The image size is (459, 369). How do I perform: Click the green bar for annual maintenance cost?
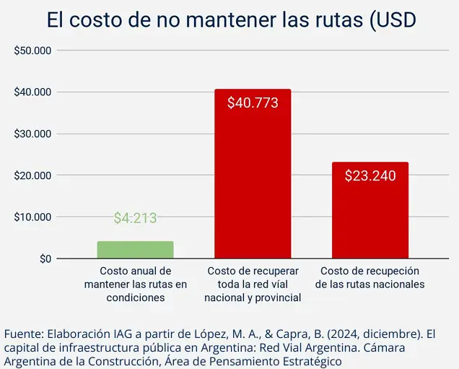136,250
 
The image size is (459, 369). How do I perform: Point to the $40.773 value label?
253,103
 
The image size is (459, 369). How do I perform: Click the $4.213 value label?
136,218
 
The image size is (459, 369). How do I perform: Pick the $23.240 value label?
370,175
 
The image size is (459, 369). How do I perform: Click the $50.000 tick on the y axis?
32,51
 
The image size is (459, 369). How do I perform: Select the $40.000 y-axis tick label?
32,92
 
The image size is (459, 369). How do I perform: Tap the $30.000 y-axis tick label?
32,134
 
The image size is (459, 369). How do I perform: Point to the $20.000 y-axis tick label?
32,175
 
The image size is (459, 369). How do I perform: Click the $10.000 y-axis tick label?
32,217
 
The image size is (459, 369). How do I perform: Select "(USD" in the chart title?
393,19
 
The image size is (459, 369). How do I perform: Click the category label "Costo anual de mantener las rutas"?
136,284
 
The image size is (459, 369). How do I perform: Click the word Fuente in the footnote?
23,334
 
